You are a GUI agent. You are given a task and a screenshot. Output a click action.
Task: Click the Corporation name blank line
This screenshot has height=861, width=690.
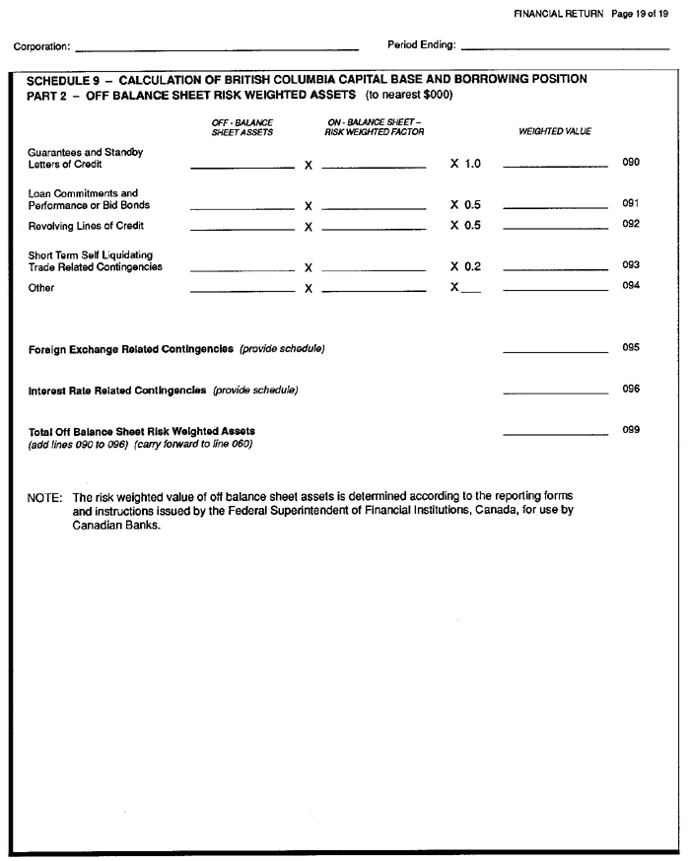[x=217, y=47]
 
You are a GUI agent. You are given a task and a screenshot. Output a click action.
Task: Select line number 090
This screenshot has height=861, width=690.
[x=631, y=162]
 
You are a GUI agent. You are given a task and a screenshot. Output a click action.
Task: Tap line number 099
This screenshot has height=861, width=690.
[x=631, y=430]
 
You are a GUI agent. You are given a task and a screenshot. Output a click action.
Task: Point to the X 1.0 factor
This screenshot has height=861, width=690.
[x=465, y=163]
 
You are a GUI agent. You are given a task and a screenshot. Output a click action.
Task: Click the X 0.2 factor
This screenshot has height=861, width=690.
[x=465, y=267]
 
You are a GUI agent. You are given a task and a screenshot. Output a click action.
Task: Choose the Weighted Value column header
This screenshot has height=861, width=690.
[x=555, y=131]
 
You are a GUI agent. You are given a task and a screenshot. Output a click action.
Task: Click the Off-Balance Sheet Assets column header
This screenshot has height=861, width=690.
[x=242, y=127]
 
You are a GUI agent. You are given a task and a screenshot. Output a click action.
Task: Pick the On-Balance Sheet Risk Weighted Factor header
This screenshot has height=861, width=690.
[x=362, y=127]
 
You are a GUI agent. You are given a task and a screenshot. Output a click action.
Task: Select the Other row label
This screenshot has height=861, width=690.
[x=41, y=288]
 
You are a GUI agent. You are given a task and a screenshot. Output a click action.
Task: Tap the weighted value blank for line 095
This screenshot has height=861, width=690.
[x=555, y=350]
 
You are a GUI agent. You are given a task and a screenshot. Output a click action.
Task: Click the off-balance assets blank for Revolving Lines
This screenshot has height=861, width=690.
[x=241, y=229]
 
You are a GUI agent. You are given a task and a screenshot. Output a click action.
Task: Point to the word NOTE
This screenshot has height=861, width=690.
[x=44, y=497]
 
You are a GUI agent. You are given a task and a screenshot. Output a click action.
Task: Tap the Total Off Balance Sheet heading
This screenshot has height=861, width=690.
[x=142, y=431]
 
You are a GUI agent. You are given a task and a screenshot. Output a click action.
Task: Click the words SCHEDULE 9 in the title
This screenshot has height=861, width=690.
[x=66, y=79]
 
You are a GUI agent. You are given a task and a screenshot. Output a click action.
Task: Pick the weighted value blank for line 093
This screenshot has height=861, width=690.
[x=555, y=269]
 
